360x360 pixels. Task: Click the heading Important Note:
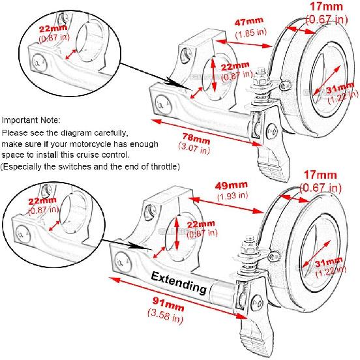pyautogui.click(x=31, y=121)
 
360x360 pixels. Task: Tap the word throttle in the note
pyautogui.click(x=162, y=166)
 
